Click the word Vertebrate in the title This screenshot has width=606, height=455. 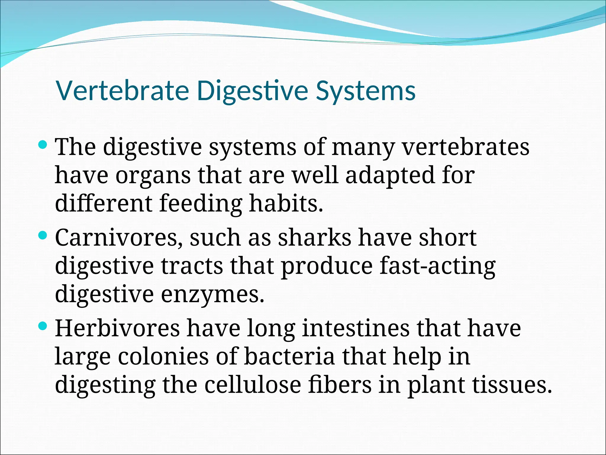(122, 91)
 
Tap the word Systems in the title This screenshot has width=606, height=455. (366, 91)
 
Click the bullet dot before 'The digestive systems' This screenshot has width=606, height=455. (43, 145)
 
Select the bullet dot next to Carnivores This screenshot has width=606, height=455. (43, 235)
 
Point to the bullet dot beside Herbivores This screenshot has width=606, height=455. (43, 326)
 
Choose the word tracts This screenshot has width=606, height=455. (192, 266)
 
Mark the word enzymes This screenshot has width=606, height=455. (212, 295)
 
